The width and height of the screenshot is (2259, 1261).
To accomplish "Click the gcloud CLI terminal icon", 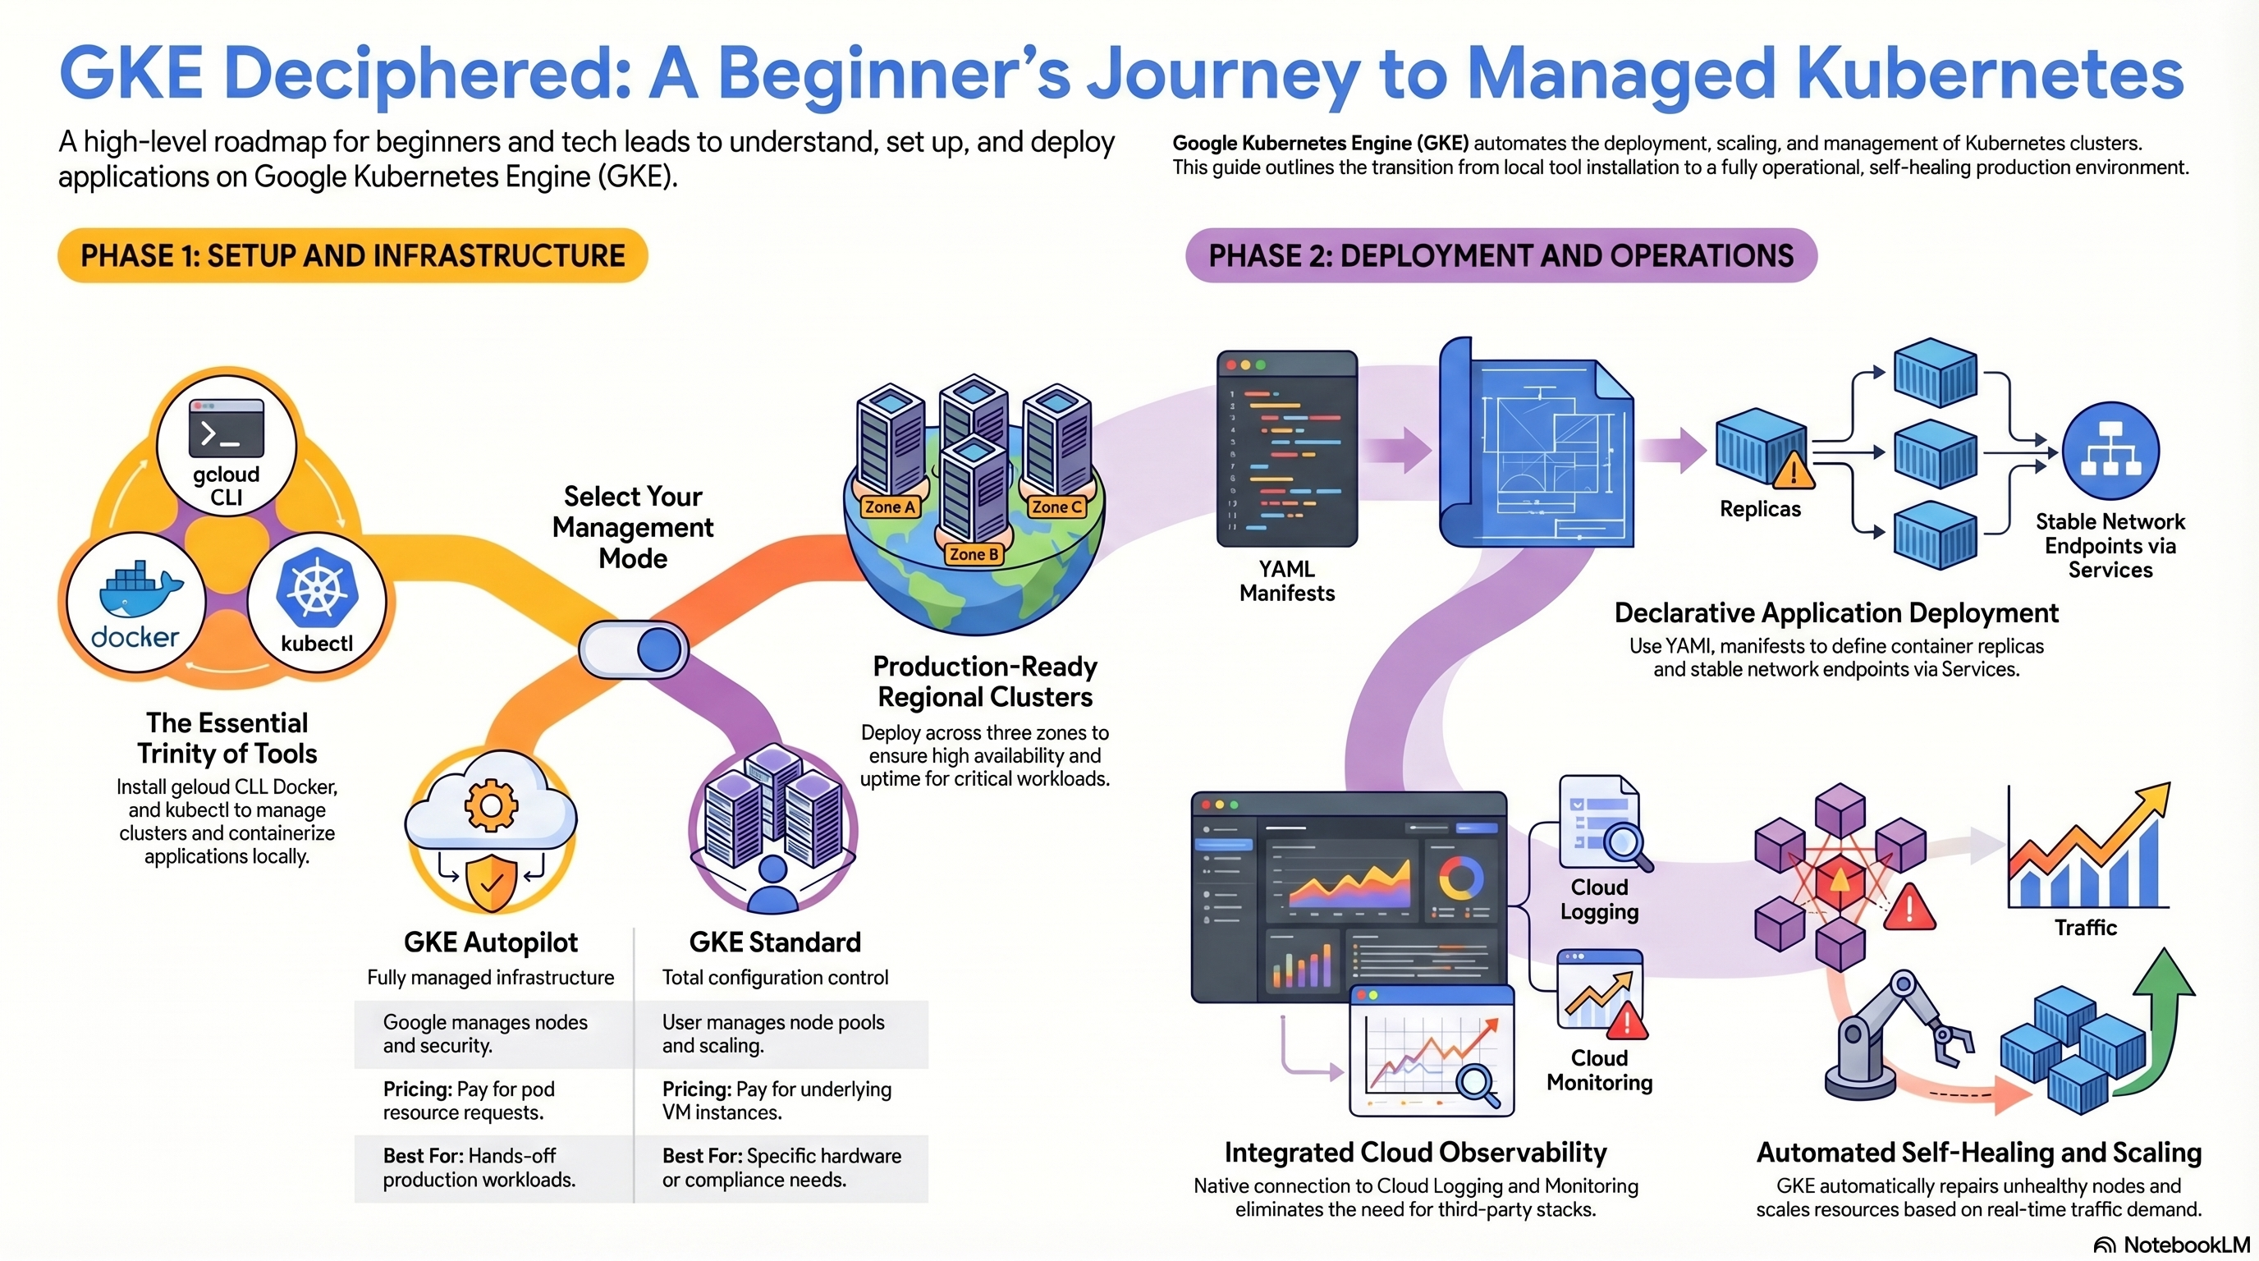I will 227,429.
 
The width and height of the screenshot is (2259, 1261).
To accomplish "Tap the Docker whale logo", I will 139,589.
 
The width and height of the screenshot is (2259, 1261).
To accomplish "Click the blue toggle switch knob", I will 659,649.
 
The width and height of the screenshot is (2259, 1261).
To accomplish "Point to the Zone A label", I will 889,507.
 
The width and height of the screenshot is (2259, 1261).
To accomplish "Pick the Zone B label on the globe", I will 974,554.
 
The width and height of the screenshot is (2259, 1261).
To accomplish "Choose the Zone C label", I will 1056,507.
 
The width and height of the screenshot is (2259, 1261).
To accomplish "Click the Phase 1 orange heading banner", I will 352,256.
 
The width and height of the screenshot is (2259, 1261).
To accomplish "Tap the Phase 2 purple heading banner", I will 1501,256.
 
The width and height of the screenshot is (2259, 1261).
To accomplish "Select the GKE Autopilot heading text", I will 490,942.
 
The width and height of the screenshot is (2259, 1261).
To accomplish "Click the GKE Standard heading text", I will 775,942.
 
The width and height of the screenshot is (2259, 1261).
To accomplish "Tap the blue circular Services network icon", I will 2110,451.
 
